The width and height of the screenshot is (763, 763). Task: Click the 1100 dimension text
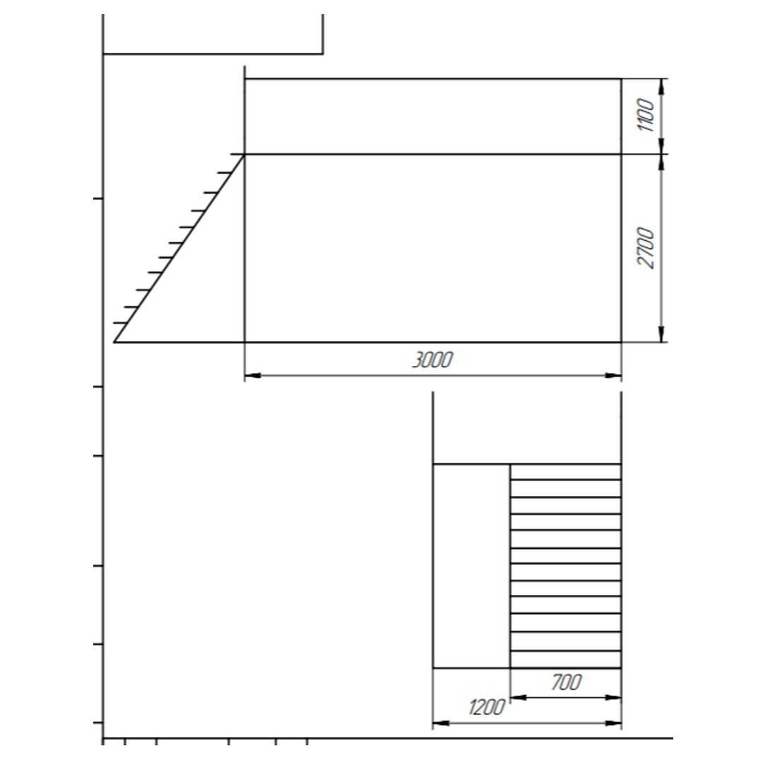[646, 115]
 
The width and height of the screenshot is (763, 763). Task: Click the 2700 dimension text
[646, 248]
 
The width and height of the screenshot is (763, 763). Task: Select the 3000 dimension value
[432, 360]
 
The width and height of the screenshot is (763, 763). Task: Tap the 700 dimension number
[567, 682]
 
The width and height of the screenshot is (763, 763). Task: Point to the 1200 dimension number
[487, 707]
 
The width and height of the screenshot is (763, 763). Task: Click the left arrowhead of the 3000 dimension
[252, 375]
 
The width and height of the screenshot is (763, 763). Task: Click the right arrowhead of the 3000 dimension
[613, 375]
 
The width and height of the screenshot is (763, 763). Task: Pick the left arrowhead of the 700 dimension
[519, 698]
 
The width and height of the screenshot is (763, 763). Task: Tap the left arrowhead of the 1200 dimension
[441, 723]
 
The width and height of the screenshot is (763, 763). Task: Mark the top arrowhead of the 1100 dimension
[661, 87]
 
